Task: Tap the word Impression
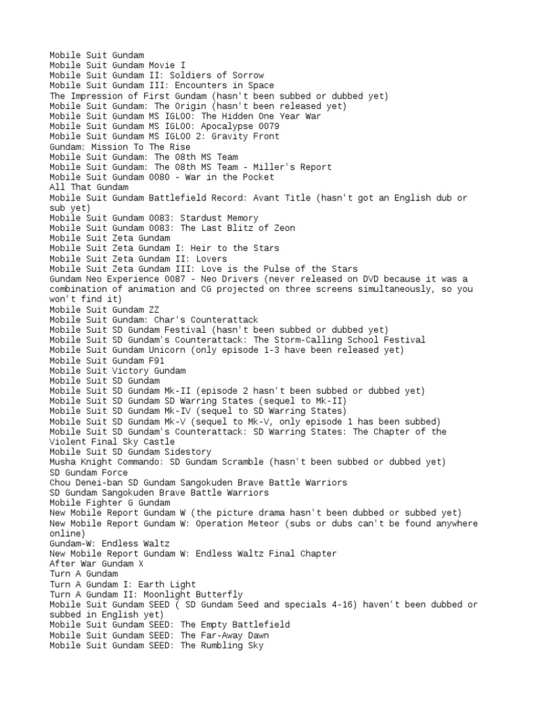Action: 96,96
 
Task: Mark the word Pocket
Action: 253,177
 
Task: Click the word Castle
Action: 157,442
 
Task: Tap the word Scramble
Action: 238,462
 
